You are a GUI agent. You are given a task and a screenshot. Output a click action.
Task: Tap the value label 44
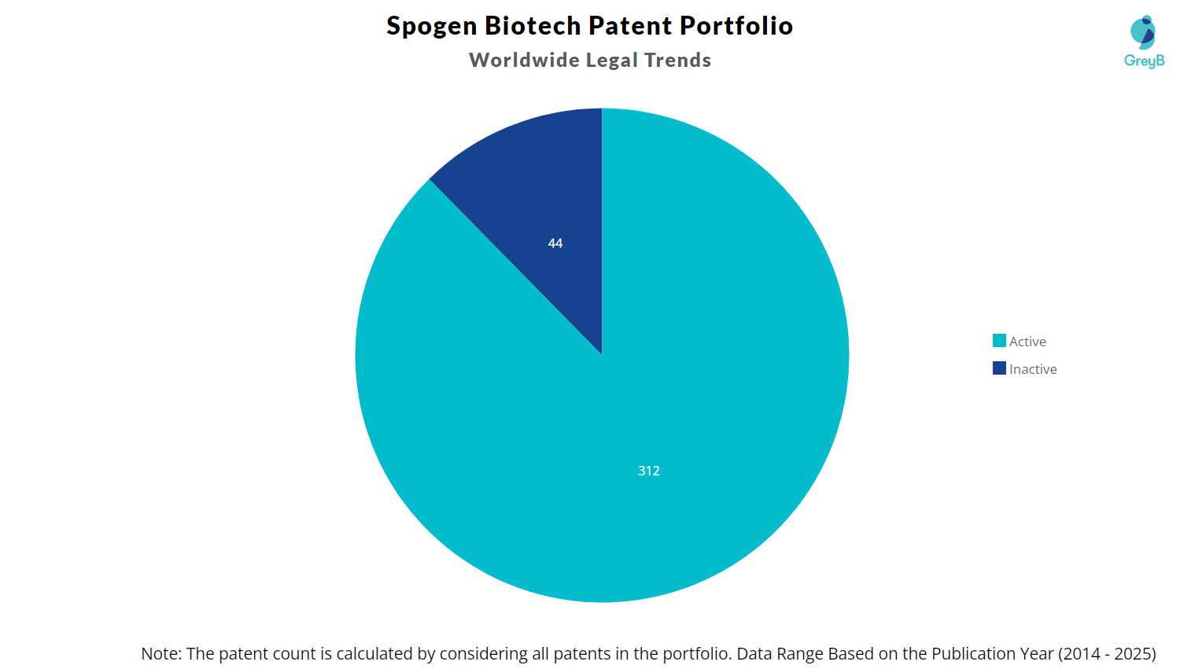(x=555, y=244)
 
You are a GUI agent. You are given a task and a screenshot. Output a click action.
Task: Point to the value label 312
(x=649, y=471)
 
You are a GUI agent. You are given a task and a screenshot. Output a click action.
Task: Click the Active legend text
(x=1027, y=342)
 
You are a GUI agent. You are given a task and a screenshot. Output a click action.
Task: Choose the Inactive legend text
(x=1033, y=369)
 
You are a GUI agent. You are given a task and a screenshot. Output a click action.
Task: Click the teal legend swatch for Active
(x=999, y=341)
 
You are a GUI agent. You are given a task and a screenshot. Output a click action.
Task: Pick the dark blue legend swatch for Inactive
(x=999, y=368)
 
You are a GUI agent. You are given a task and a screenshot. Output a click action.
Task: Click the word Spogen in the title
(x=432, y=27)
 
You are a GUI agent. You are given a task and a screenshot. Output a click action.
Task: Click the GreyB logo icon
(x=1143, y=31)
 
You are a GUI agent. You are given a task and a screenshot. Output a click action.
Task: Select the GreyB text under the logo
(x=1144, y=61)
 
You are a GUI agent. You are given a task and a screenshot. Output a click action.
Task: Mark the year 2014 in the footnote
(x=1080, y=654)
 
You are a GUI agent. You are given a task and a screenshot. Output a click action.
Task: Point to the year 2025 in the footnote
(x=1133, y=654)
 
